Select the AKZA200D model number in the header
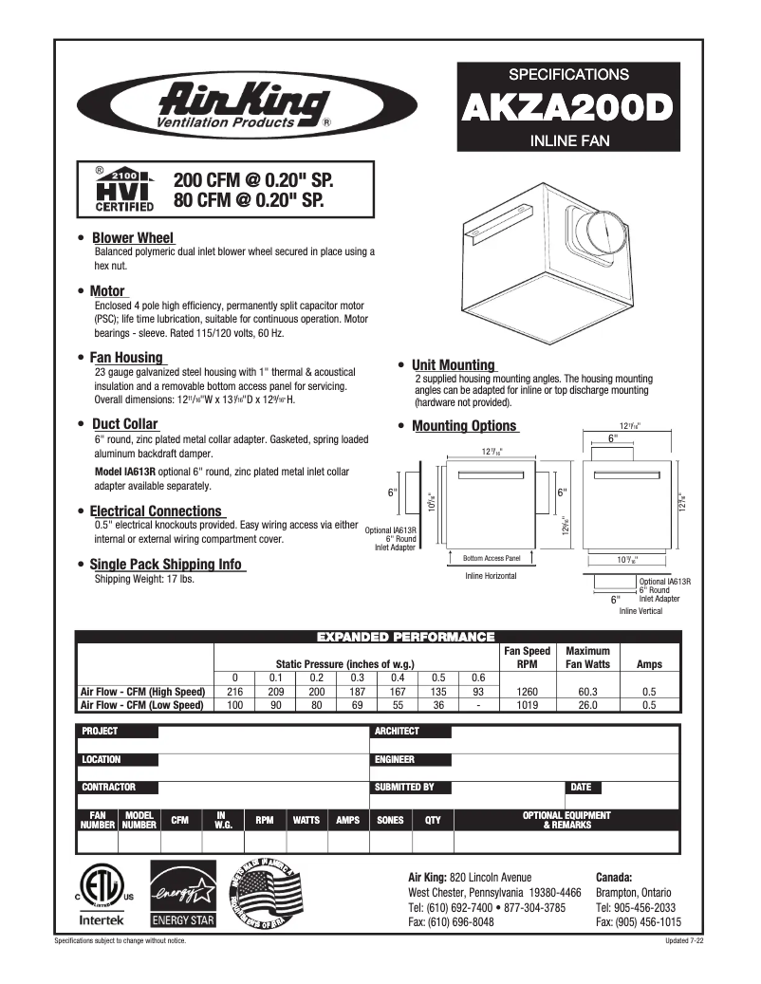pyautogui.click(x=567, y=108)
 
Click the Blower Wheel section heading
pyautogui.click(x=132, y=237)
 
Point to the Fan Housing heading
pyautogui.click(x=126, y=358)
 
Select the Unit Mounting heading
pyautogui.click(x=453, y=364)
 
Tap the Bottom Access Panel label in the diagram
pyautogui.click(x=492, y=558)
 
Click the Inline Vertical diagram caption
pyautogui.click(x=640, y=611)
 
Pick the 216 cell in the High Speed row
pyautogui.click(x=234, y=692)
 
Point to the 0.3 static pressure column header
pyautogui.click(x=357, y=678)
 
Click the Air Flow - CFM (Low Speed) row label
pyautogui.click(x=143, y=705)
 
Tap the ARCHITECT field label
pyautogui.click(x=397, y=732)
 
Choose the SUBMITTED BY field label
pyautogui.click(x=404, y=787)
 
